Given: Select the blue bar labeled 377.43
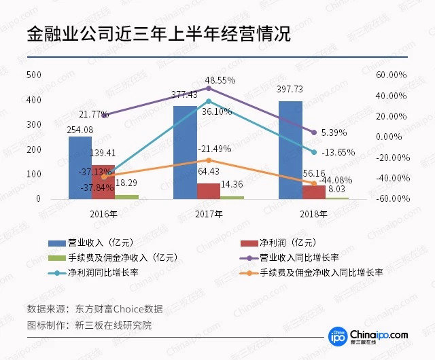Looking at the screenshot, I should (x=185, y=152).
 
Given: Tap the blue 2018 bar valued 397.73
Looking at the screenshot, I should (x=290, y=149).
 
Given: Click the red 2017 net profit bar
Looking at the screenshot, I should (x=209, y=191).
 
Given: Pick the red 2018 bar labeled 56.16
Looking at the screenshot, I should (x=313, y=192).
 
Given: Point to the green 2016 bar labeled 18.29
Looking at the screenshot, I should (x=126, y=196).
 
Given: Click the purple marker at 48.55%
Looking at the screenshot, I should (x=209, y=88).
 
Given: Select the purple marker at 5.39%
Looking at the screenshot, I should (x=313, y=132).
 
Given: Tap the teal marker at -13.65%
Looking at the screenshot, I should (x=313, y=152).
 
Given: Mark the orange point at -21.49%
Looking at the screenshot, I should (x=209, y=160).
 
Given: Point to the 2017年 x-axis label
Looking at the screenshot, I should (x=209, y=214).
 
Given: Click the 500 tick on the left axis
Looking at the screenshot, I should (x=33, y=75).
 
